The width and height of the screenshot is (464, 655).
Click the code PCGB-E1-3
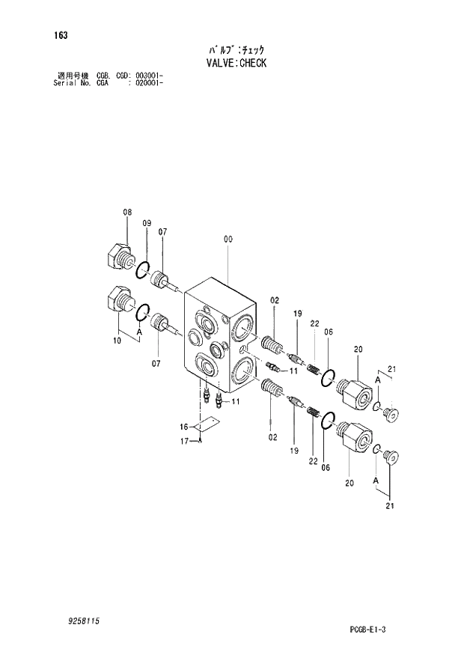[388, 630]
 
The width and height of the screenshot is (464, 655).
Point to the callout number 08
[127, 213]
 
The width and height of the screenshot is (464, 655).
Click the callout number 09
[147, 223]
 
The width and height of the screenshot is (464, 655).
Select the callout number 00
[228, 240]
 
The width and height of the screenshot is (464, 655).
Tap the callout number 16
[183, 426]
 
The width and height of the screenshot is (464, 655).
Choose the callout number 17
[183, 441]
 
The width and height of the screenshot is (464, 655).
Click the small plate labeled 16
[206, 427]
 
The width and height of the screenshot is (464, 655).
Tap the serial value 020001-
[149, 83]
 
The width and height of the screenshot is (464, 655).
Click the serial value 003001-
[149, 76]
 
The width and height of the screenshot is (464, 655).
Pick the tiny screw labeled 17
[201, 441]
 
